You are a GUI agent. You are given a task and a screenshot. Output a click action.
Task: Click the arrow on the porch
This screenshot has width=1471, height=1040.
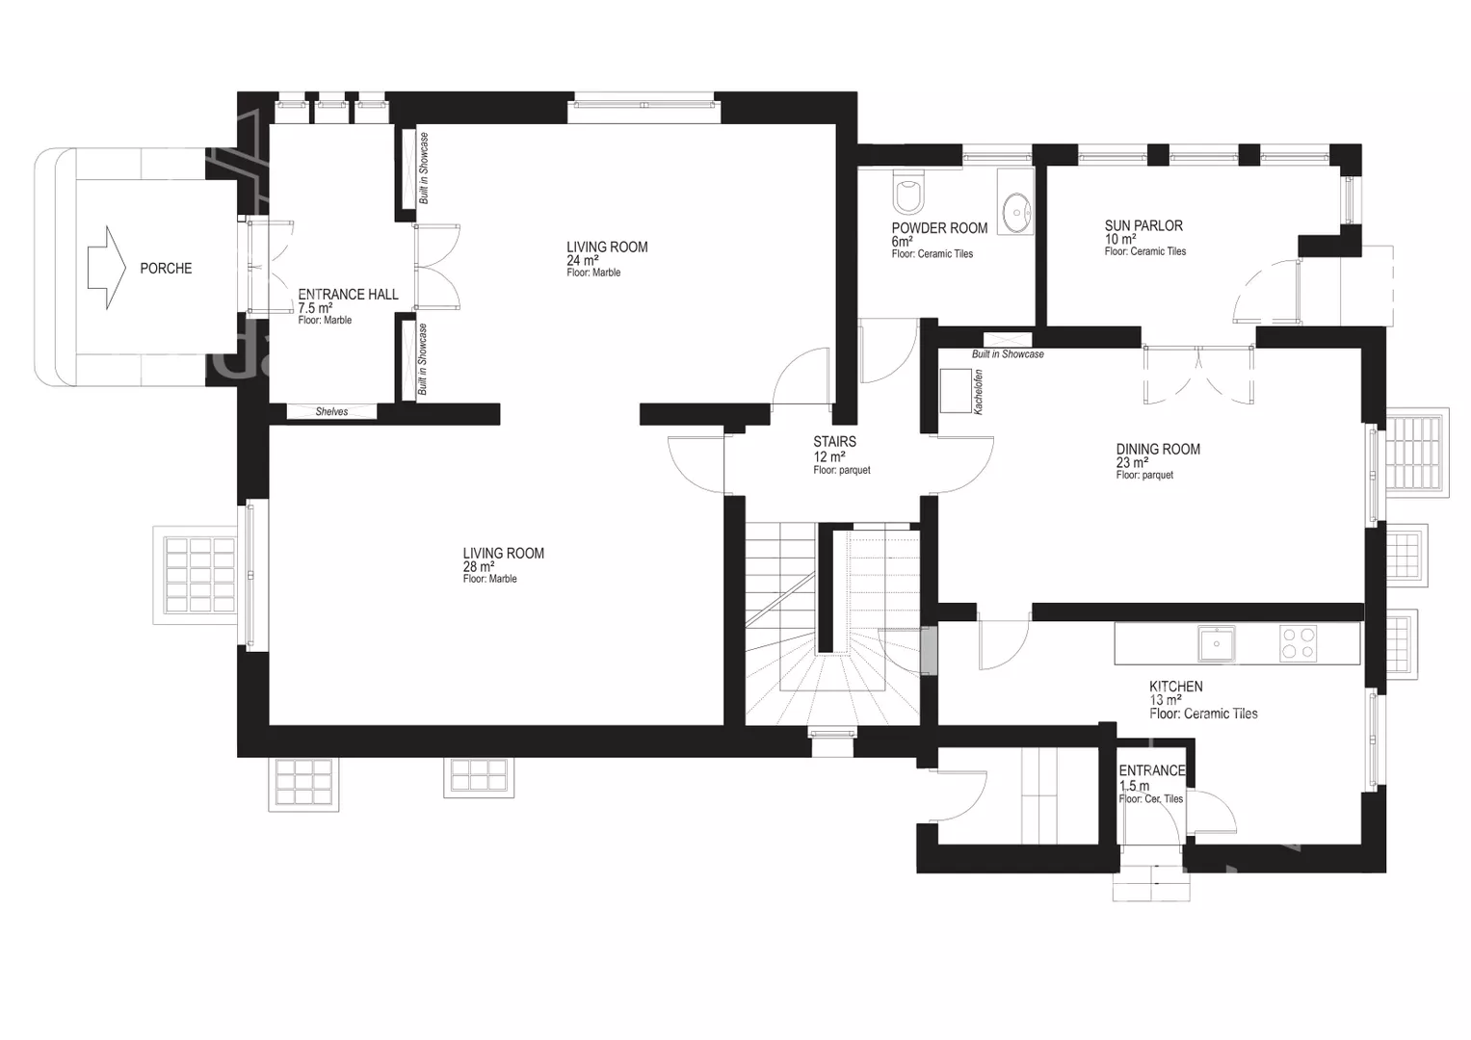coord(106,268)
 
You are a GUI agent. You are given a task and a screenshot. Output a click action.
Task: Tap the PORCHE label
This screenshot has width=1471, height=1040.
coord(166,269)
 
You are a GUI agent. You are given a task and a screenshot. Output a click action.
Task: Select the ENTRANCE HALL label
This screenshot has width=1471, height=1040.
coord(348,295)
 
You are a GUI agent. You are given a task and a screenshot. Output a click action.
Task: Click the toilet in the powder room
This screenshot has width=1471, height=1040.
coord(908,191)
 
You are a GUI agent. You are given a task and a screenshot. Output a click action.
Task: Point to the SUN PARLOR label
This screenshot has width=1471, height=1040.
coord(1143,226)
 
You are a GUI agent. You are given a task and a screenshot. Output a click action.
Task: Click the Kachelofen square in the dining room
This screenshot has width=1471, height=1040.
coord(956,391)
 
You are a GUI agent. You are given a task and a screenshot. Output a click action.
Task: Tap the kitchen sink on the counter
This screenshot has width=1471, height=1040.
coord(1217,643)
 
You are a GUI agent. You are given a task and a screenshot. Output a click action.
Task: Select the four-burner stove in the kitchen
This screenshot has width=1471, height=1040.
coord(1299,643)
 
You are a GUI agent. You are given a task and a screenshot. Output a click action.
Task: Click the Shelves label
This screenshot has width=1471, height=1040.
coord(331,412)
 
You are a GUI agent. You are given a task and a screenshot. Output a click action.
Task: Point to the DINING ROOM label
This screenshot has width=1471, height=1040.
coord(1158,450)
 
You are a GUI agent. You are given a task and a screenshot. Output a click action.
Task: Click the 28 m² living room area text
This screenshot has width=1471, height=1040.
coord(479,567)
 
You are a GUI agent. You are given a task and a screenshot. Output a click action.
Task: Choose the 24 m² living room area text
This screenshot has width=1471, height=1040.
coord(583,261)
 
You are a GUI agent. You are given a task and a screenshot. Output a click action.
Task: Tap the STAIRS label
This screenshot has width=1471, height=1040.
coord(834,442)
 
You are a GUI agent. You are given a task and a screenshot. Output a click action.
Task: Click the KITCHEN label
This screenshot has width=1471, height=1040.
coord(1175,687)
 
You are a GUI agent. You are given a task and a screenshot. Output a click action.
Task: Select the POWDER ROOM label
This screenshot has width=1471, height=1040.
coord(939,228)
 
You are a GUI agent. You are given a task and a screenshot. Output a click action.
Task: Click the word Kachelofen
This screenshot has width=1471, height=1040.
coord(979,392)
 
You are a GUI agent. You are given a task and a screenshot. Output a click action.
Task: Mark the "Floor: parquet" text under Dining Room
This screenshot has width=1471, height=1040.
coord(1144,476)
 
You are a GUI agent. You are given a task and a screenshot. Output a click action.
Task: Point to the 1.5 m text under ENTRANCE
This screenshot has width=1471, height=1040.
coord(1134,786)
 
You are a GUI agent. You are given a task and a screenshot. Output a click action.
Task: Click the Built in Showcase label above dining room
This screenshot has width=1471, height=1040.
coord(1008,354)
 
